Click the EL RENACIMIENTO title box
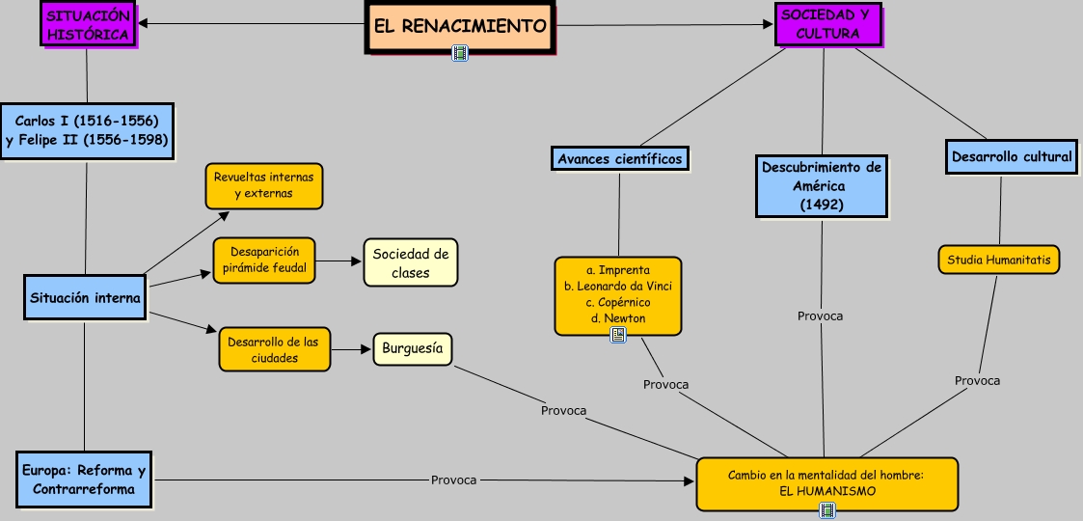click(460, 26)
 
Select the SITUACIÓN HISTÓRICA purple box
click(88, 24)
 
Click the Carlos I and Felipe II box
click(87, 131)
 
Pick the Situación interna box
click(85, 298)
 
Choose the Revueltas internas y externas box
click(263, 186)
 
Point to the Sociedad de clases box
click(411, 262)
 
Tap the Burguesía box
click(412, 349)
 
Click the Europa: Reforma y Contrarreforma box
click(85, 480)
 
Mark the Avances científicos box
click(619, 158)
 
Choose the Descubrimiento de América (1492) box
click(822, 186)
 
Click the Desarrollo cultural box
click(1011, 156)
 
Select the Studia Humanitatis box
click(999, 260)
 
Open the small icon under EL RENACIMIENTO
click(460, 54)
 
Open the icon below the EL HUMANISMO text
click(827, 509)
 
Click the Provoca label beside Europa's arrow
click(453, 480)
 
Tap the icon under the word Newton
click(618, 335)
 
